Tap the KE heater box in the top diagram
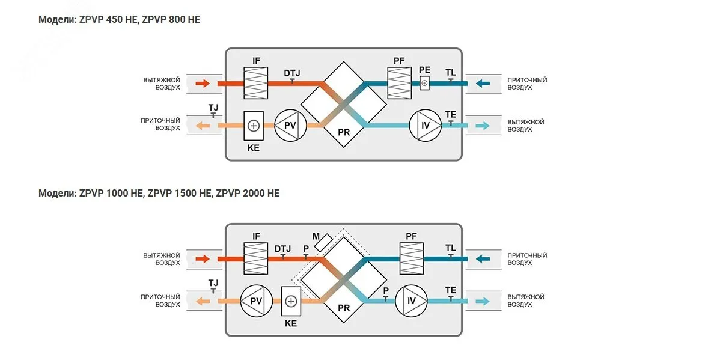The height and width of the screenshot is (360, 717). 254,126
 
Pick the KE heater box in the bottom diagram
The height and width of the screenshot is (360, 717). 291,301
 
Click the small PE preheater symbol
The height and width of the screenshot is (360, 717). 424,83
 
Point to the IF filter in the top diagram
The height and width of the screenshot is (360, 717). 255,83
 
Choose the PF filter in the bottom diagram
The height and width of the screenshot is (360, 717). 412,258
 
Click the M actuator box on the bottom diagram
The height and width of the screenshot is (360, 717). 323,242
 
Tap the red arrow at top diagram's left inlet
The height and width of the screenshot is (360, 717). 203,84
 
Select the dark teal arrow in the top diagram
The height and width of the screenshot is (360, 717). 483,84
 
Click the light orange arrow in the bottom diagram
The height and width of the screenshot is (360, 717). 203,301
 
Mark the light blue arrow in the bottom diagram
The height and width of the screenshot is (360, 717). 483,301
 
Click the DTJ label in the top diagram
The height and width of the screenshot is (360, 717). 291,73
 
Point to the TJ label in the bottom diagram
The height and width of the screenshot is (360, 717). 213,283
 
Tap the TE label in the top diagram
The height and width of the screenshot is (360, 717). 450,114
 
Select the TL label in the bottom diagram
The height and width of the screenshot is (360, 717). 450,248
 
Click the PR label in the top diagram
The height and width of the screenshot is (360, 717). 344,132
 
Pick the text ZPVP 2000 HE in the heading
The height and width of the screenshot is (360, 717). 248,193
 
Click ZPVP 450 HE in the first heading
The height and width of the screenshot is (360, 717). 108,19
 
